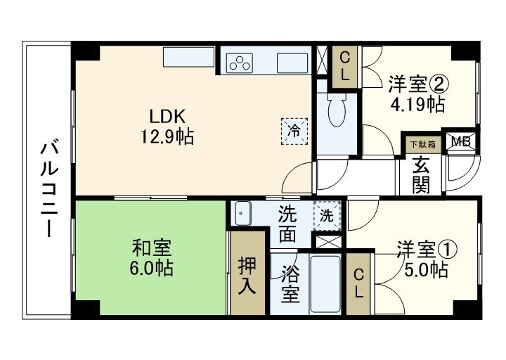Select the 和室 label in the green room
point(152,248)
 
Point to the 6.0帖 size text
point(152,268)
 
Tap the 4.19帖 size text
point(417,105)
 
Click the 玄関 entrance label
point(421,176)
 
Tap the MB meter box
point(461,141)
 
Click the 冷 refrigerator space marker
point(295,129)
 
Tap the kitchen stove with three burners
point(240,62)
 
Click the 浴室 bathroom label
point(290,283)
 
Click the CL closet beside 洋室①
point(358,284)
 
